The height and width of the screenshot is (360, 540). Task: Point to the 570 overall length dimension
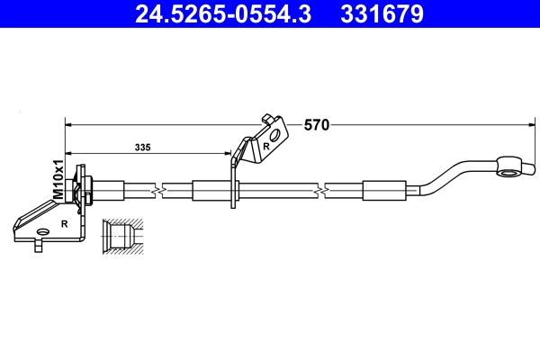coord(315,125)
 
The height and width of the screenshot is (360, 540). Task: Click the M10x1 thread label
coord(58,179)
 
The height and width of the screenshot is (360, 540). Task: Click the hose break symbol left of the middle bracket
coord(158,191)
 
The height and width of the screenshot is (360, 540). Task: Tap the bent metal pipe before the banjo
coord(450,175)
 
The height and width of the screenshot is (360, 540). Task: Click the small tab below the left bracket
coord(38,245)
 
